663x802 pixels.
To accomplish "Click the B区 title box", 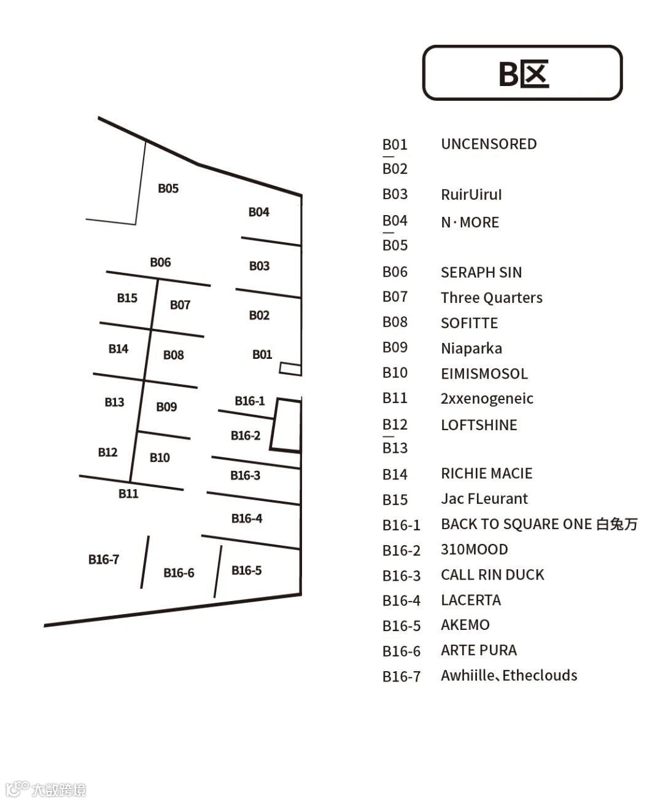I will point(522,73).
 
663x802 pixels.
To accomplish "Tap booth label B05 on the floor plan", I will point(168,188).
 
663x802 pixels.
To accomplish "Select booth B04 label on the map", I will point(258,212).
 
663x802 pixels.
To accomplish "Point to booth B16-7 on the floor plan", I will point(103,559).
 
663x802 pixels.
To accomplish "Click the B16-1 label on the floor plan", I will point(249,401).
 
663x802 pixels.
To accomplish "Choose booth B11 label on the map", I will point(128,493).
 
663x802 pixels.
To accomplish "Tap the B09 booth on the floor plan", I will point(166,407).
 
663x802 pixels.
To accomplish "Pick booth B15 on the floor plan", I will point(127,298).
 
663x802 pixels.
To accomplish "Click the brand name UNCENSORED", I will point(489,144).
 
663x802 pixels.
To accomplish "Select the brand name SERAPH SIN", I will point(481,272).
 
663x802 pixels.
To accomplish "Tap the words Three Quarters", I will point(491,298).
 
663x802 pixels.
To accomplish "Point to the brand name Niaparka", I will point(471,348).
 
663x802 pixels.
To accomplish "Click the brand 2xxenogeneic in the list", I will point(487,398).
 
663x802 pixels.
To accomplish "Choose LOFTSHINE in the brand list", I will point(479,425).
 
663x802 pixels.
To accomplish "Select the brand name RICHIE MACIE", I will point(486,473).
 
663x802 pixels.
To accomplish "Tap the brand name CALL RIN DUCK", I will point(492,575).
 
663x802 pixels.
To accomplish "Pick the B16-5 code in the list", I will point(401,626).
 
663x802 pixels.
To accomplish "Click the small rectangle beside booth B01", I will point(290,369).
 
